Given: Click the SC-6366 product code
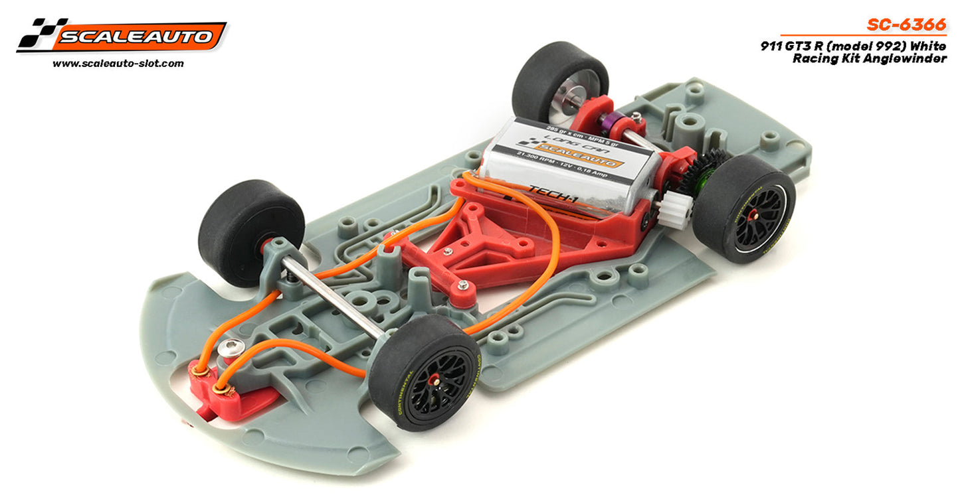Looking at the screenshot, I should pos(906,25).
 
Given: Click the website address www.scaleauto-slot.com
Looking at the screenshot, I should pos(118,64).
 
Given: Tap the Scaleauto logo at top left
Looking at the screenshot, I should pos(122,35).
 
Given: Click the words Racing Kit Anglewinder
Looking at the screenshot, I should pos(869,59).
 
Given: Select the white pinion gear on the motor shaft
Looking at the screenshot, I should pos(678,212).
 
